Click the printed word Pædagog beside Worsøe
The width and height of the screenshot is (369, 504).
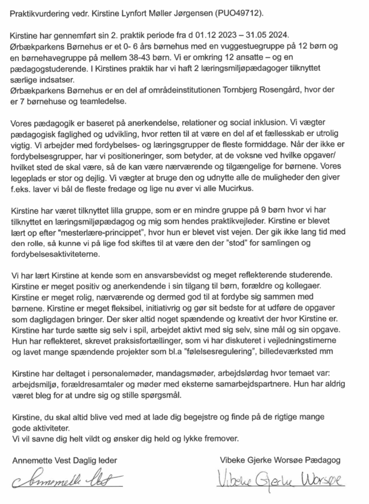coord(322,460)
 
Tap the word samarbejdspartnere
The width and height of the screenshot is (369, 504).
coord(291,384)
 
